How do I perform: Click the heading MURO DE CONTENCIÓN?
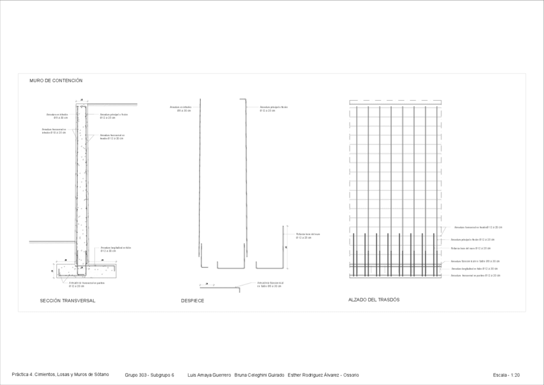point(56,81)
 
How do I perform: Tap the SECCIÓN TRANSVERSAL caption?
point(67,300)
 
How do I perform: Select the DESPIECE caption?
point(192,300)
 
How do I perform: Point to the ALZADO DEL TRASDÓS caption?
point(374,300)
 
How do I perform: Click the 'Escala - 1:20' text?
point(506,375)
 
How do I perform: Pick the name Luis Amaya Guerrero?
point(209,375)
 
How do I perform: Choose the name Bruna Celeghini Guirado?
point(259,375)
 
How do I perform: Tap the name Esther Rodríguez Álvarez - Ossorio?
point(323,375)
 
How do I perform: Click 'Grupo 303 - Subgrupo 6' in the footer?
point(149,375)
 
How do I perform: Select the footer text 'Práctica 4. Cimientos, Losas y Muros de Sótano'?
point(60,375)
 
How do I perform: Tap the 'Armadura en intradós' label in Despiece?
point(180,109)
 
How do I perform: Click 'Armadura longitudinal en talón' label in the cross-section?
point(116,249)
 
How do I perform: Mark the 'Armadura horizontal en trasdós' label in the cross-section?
point(112,137)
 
